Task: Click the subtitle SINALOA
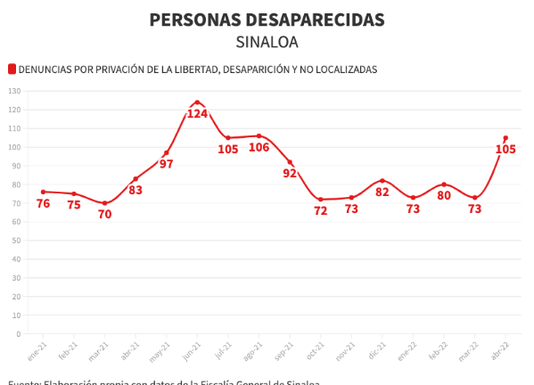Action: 267,42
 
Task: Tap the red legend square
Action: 12,69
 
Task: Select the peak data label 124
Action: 197,114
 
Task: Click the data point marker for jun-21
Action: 197,102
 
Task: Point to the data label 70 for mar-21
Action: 104,215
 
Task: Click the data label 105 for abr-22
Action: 505,150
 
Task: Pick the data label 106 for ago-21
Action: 259,148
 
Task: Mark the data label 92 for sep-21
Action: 290,174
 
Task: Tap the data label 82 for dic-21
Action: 382,192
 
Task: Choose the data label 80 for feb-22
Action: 444,196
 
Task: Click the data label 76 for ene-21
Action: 43,204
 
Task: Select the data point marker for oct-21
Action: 320,200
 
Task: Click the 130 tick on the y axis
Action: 14,91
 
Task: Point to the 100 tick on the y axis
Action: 14,147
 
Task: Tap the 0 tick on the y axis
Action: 18,334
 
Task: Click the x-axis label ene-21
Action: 37,350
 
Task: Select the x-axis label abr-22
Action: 500,350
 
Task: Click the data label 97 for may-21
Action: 166,165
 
